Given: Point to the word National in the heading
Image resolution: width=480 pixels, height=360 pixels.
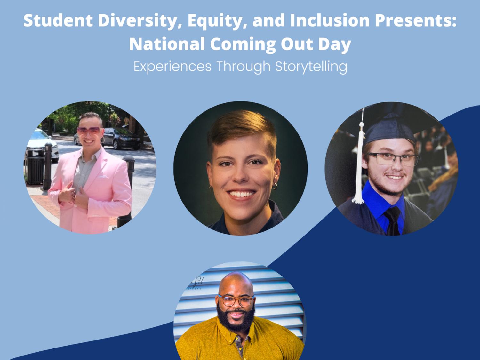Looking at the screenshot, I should point(166,44).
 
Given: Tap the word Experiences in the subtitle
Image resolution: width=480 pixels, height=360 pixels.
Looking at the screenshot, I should point(172,66).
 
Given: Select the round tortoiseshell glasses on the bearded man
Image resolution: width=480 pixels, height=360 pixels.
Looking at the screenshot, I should point(236,301).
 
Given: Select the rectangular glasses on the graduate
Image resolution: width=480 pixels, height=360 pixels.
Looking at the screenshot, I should point(393,159).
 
